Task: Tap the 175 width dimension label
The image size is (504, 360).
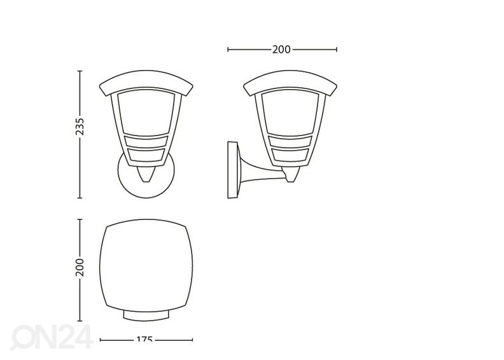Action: click(x=144, y=341)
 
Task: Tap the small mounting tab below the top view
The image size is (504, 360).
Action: click(x=144, y=316)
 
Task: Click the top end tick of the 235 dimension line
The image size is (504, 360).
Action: click(x=80, y=71)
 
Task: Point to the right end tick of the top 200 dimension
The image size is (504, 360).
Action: click(x=336, y=49)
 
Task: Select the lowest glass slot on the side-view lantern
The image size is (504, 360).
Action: click(x=291, y=155)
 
